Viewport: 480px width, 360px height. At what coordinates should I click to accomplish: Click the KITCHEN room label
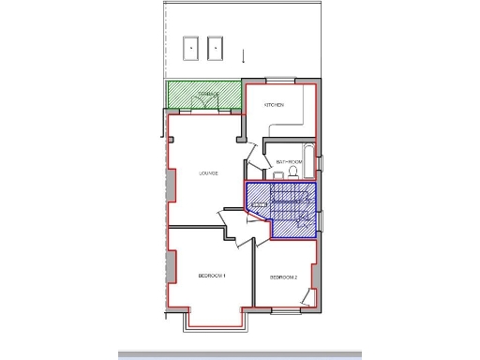tap(275, 104)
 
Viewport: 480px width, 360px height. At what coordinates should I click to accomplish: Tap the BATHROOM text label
tap(289, 161)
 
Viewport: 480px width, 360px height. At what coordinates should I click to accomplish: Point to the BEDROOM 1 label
tap(212, 276)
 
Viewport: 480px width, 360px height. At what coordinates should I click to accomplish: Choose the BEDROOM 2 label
tap(283, 277)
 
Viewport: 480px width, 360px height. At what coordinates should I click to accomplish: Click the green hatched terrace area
tap(204, 95)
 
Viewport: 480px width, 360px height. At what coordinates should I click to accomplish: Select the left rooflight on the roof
tap(191, 46)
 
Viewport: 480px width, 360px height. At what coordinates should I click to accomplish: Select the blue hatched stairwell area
tap(281, 208)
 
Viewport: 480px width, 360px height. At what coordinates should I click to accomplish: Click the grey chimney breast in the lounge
tap(171, 185)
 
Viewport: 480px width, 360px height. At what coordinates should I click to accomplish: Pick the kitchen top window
tap(287, 82)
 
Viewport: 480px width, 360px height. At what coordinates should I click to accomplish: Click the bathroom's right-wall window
tap(321, 162)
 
